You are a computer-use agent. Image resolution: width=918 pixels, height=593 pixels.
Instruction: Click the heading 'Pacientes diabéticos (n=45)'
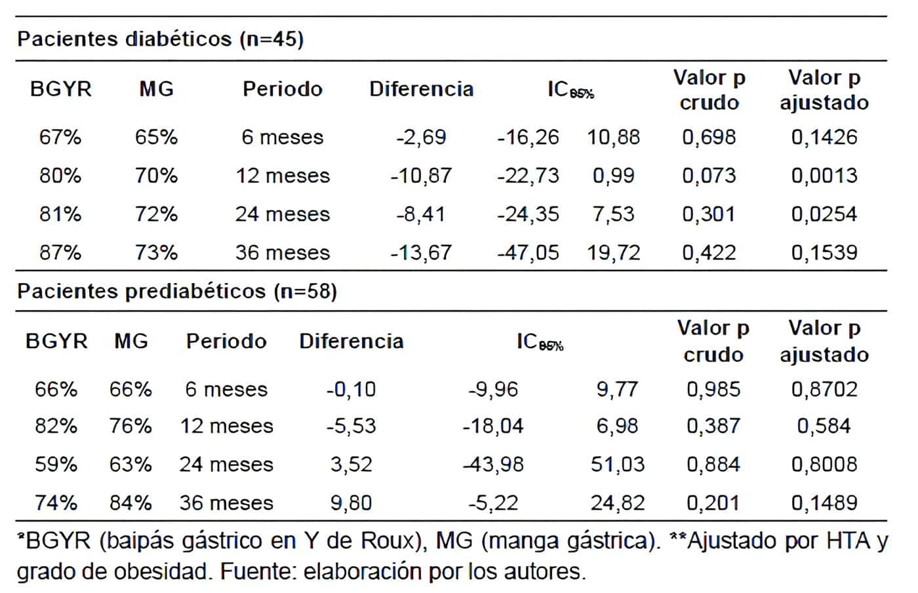tap(160, 39)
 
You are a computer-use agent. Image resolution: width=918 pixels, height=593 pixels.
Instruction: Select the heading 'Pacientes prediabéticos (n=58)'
tap(177, 291)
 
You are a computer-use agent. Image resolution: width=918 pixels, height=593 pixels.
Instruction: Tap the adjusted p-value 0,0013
tap(824, 176)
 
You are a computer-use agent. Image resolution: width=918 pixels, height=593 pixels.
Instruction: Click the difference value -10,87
tap(421, 176)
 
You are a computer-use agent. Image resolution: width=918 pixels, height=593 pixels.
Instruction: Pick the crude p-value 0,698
tap(709, 137)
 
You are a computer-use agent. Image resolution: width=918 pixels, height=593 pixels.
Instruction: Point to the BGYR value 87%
tap(60, 252)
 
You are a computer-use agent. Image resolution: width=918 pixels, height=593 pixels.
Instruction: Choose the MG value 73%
tap(156, 252)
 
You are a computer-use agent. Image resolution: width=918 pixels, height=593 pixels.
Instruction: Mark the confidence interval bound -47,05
tap(528, 252)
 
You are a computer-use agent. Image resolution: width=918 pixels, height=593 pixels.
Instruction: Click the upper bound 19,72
tap(613, 252)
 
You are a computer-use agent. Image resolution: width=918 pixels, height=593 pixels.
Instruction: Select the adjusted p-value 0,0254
tap(824, 214)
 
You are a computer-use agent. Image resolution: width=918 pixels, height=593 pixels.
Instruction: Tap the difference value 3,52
tap(351, 465)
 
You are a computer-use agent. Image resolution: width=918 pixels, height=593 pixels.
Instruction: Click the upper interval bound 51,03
tap(617, 465)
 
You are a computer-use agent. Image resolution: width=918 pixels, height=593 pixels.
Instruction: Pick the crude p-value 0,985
tap(713, 389)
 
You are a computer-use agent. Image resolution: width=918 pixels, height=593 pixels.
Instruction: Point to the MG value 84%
tap(130, 503)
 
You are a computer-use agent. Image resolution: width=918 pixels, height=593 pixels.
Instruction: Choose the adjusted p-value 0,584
tap(824, 426)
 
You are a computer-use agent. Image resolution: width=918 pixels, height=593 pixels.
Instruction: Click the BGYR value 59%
tap(56, 465)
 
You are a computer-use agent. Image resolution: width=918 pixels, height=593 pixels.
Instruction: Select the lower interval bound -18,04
tap(493, 426)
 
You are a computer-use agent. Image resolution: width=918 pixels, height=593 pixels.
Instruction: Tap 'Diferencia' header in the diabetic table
tap(421, 89)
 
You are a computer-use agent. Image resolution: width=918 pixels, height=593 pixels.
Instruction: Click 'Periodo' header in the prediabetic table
tap(226, 341)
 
